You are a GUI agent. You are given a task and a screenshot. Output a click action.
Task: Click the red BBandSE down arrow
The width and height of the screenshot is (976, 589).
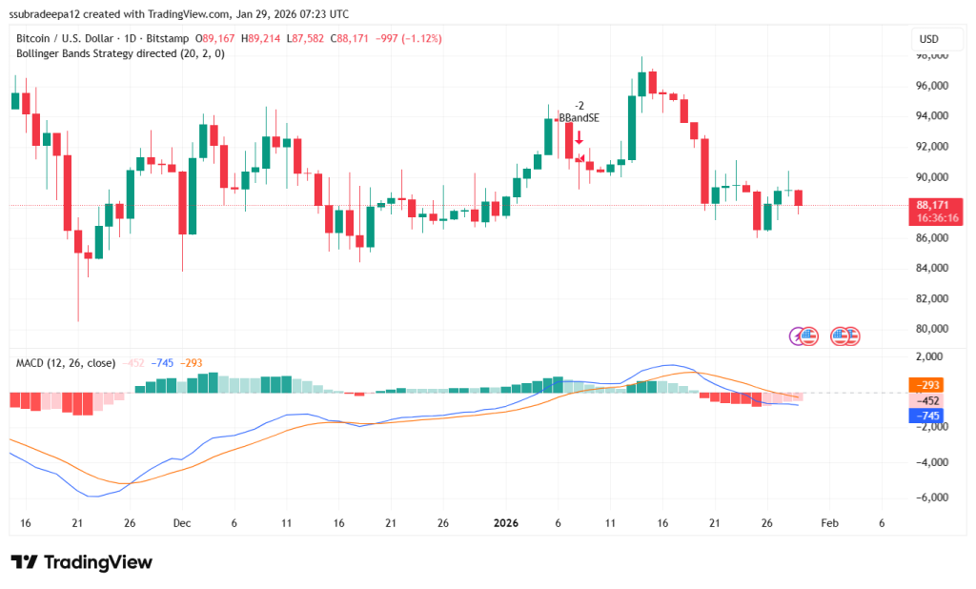coord(579,137)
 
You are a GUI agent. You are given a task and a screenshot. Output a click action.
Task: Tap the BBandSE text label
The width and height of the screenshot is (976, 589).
coord(579,117)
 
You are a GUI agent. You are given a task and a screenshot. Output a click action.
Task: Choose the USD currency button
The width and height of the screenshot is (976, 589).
coord(928,39)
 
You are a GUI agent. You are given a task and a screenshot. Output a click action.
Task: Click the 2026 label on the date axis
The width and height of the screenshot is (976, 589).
coord(506,523)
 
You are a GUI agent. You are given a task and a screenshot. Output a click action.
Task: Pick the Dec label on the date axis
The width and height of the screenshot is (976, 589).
coord(182,523)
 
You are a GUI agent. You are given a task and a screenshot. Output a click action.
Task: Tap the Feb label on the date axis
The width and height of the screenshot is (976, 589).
coord(829,523)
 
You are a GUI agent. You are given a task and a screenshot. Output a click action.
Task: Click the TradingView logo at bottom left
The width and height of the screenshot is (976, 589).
coord(81,562)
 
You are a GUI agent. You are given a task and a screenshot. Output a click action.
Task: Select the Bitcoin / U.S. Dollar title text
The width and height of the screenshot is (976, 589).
coord(62,38)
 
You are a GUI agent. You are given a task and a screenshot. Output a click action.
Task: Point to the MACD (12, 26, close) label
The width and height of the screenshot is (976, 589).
coord(66,363)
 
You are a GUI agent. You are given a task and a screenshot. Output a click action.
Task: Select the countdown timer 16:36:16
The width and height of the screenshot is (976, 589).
coord(938,217)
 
